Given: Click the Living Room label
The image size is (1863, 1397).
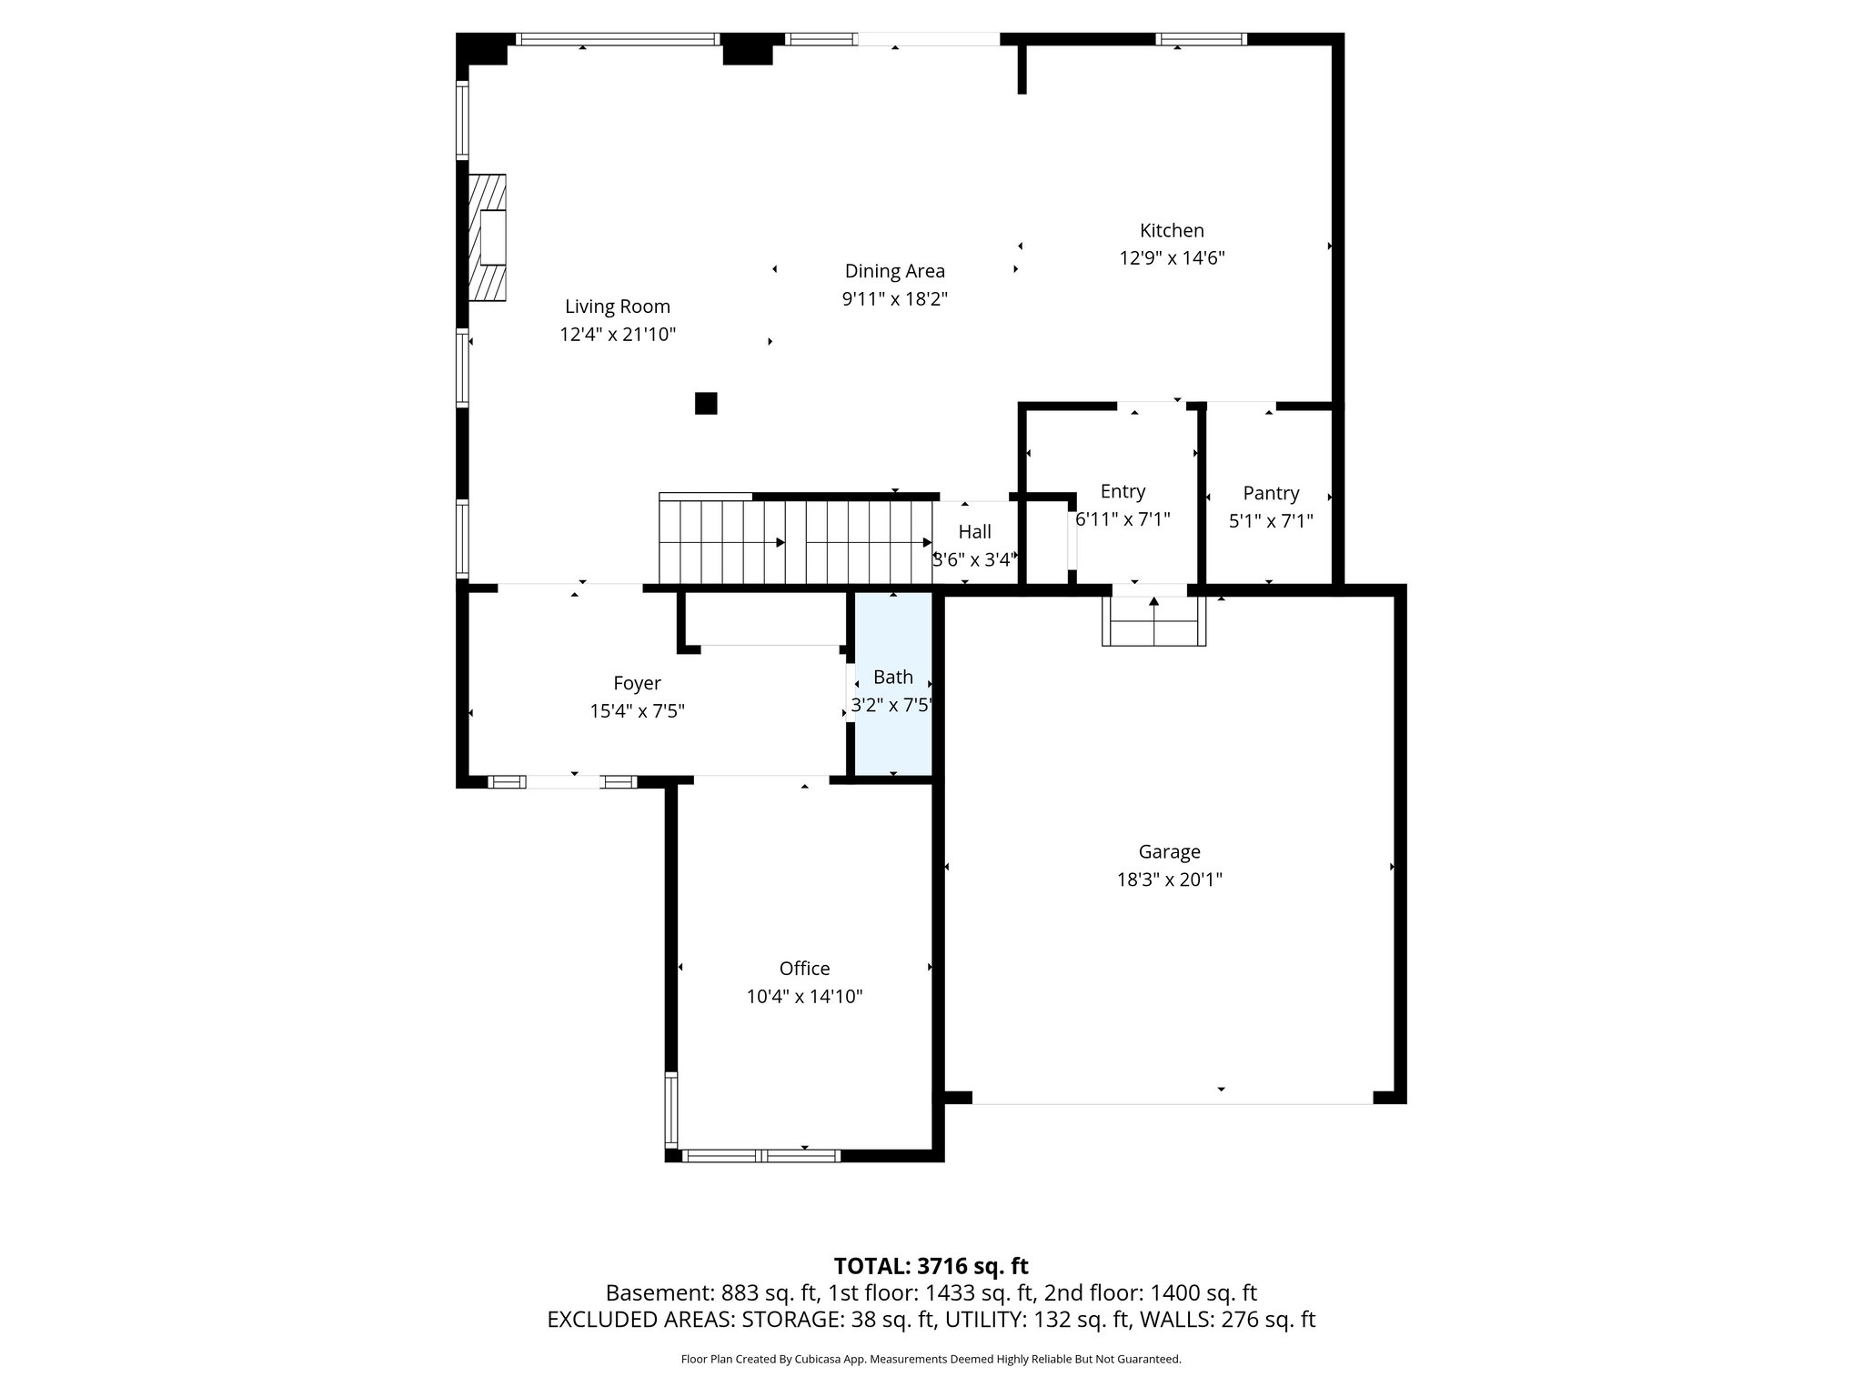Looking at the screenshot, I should (617, 307).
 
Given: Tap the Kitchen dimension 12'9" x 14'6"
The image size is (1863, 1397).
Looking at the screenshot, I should (1172, 258).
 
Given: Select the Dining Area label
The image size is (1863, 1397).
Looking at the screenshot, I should (894, 271).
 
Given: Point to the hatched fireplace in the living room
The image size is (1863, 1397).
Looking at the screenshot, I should (487, 237).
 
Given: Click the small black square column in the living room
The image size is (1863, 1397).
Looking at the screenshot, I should (706, 403).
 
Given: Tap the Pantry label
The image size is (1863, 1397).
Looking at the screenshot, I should (1271, 493).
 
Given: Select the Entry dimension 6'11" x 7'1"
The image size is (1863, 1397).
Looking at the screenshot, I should (1123, 519).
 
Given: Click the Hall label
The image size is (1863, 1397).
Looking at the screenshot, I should (974, 532).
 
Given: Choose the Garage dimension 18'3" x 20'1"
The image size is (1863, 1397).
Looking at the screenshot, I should (1169, 879).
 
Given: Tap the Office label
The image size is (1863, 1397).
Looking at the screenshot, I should (804, 969).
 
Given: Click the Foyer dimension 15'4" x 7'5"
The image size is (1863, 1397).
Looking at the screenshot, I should (637, 711).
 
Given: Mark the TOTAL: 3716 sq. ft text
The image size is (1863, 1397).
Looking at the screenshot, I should (931, 1266).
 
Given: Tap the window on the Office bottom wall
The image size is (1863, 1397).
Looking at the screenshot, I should (760, 1156).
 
